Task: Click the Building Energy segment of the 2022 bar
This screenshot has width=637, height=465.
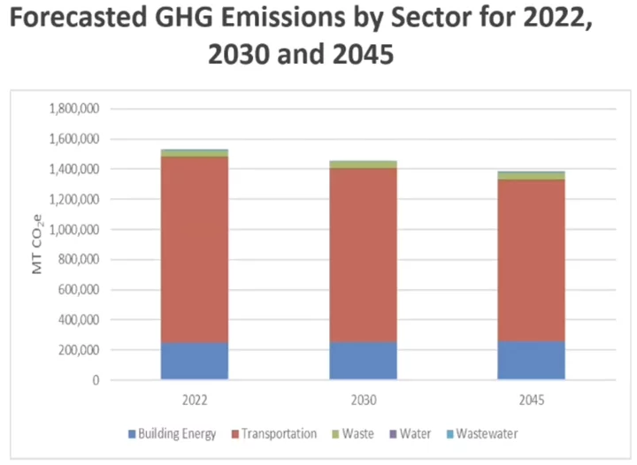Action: pyautogui.click(x=194, y=361)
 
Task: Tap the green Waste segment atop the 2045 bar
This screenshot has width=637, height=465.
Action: pyautogui.click(x=531, y=175)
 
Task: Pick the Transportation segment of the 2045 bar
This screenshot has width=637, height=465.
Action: pyautogui.click(x=531, y=260)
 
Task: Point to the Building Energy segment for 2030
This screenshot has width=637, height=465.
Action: pyautogui.click(x=363, y=361)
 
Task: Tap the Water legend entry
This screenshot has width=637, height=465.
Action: pyautogui.click(x=415, y=434)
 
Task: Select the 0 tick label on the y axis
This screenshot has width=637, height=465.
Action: pyautogui.click(x=95, y=380)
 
